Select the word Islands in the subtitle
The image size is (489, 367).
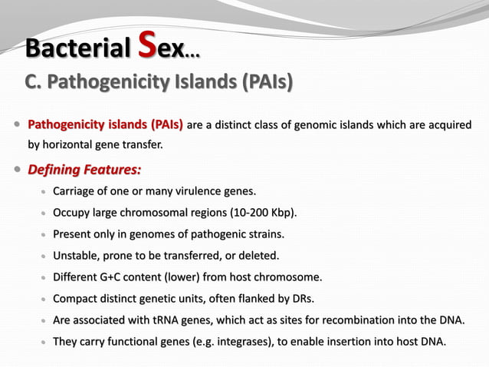[199, 81]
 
